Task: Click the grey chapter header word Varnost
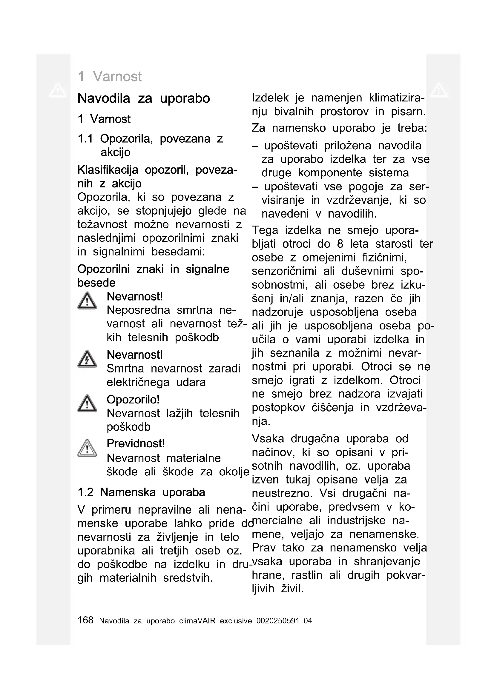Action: (117, 76)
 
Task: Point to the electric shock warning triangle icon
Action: (87, 359)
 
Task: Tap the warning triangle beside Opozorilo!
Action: (87, 404)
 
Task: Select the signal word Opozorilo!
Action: (133, 400)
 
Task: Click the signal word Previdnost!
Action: (135, 443)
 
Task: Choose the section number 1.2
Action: (85, 492)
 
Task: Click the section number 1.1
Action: (85, 139)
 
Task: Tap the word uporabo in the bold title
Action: (185, 98)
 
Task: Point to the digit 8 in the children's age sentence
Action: (340, 244)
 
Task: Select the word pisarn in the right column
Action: (408, 112)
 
